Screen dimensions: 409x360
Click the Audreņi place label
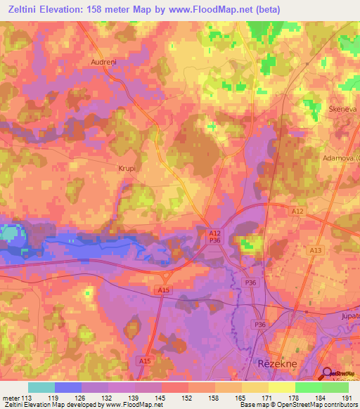pos(103,62)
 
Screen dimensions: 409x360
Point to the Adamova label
pos(342,158)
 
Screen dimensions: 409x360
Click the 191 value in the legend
pos(344,398)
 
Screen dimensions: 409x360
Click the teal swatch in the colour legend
pos(41,387)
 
